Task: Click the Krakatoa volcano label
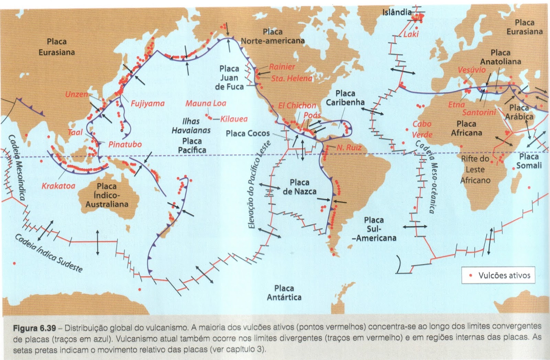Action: pyautogui.click(x=58, y=186)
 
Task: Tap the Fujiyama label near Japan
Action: pyautogui.click(x=147, y=103)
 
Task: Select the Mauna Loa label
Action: pyautogui.click(x=206, y=103)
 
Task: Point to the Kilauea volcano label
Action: pyautogui.click(x=234, y=119)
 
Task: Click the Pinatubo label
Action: pyautogui.click(x=125, y=144)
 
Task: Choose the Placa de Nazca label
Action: pyautogui.click(x=299, y=187)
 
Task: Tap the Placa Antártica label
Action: pyautogui.click(x=284, y=293)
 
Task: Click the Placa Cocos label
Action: pyautogui.click(x=247, y=133)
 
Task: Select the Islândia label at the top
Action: pyautogui.click(x=397, y=12)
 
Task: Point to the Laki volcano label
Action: pyautogui.click(x=411, y=34)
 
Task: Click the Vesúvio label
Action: pyautogui.click(x=472, y=70)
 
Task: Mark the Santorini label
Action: pyautogui.click(x=479, y=112)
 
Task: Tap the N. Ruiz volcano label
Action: pyautogui.click(x=349, y=148)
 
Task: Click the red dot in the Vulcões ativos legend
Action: pyautogui.click(x=471, y=275)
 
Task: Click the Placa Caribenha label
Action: pyautogui.click(x=345, y=98)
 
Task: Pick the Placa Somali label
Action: pyautogui.click(x=529, y=161)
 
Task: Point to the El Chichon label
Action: pyautogui.click(x=297, y=105)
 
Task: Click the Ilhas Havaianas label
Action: pyautogui.click(x=191, y=126)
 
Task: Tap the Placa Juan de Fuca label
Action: pyautogui.click(x=229, y=78)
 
